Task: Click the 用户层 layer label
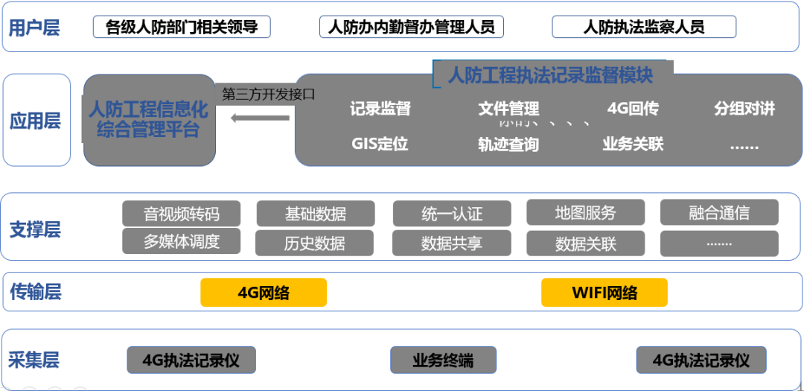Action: [34, 28]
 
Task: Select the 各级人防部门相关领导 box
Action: [182, 28]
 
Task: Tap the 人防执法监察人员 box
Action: [644, 28]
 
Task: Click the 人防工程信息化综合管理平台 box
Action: [149, 120]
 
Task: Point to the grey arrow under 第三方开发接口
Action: [260, 118]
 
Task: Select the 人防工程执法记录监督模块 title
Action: [551, 75]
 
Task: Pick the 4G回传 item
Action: [633, 109]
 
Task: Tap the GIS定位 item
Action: [380, 144]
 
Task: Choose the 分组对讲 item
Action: [744, 109]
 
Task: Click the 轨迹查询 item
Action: [508, 144]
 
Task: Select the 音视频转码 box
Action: [182, 214]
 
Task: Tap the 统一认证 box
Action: [452, 214]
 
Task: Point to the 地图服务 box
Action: [586, 213]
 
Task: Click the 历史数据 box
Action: [315, 243]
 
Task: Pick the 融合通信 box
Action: [719, 213]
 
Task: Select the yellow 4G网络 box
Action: [264, 293]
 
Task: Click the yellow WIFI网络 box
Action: [604, 293]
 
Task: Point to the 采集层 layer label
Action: [34, 360]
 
